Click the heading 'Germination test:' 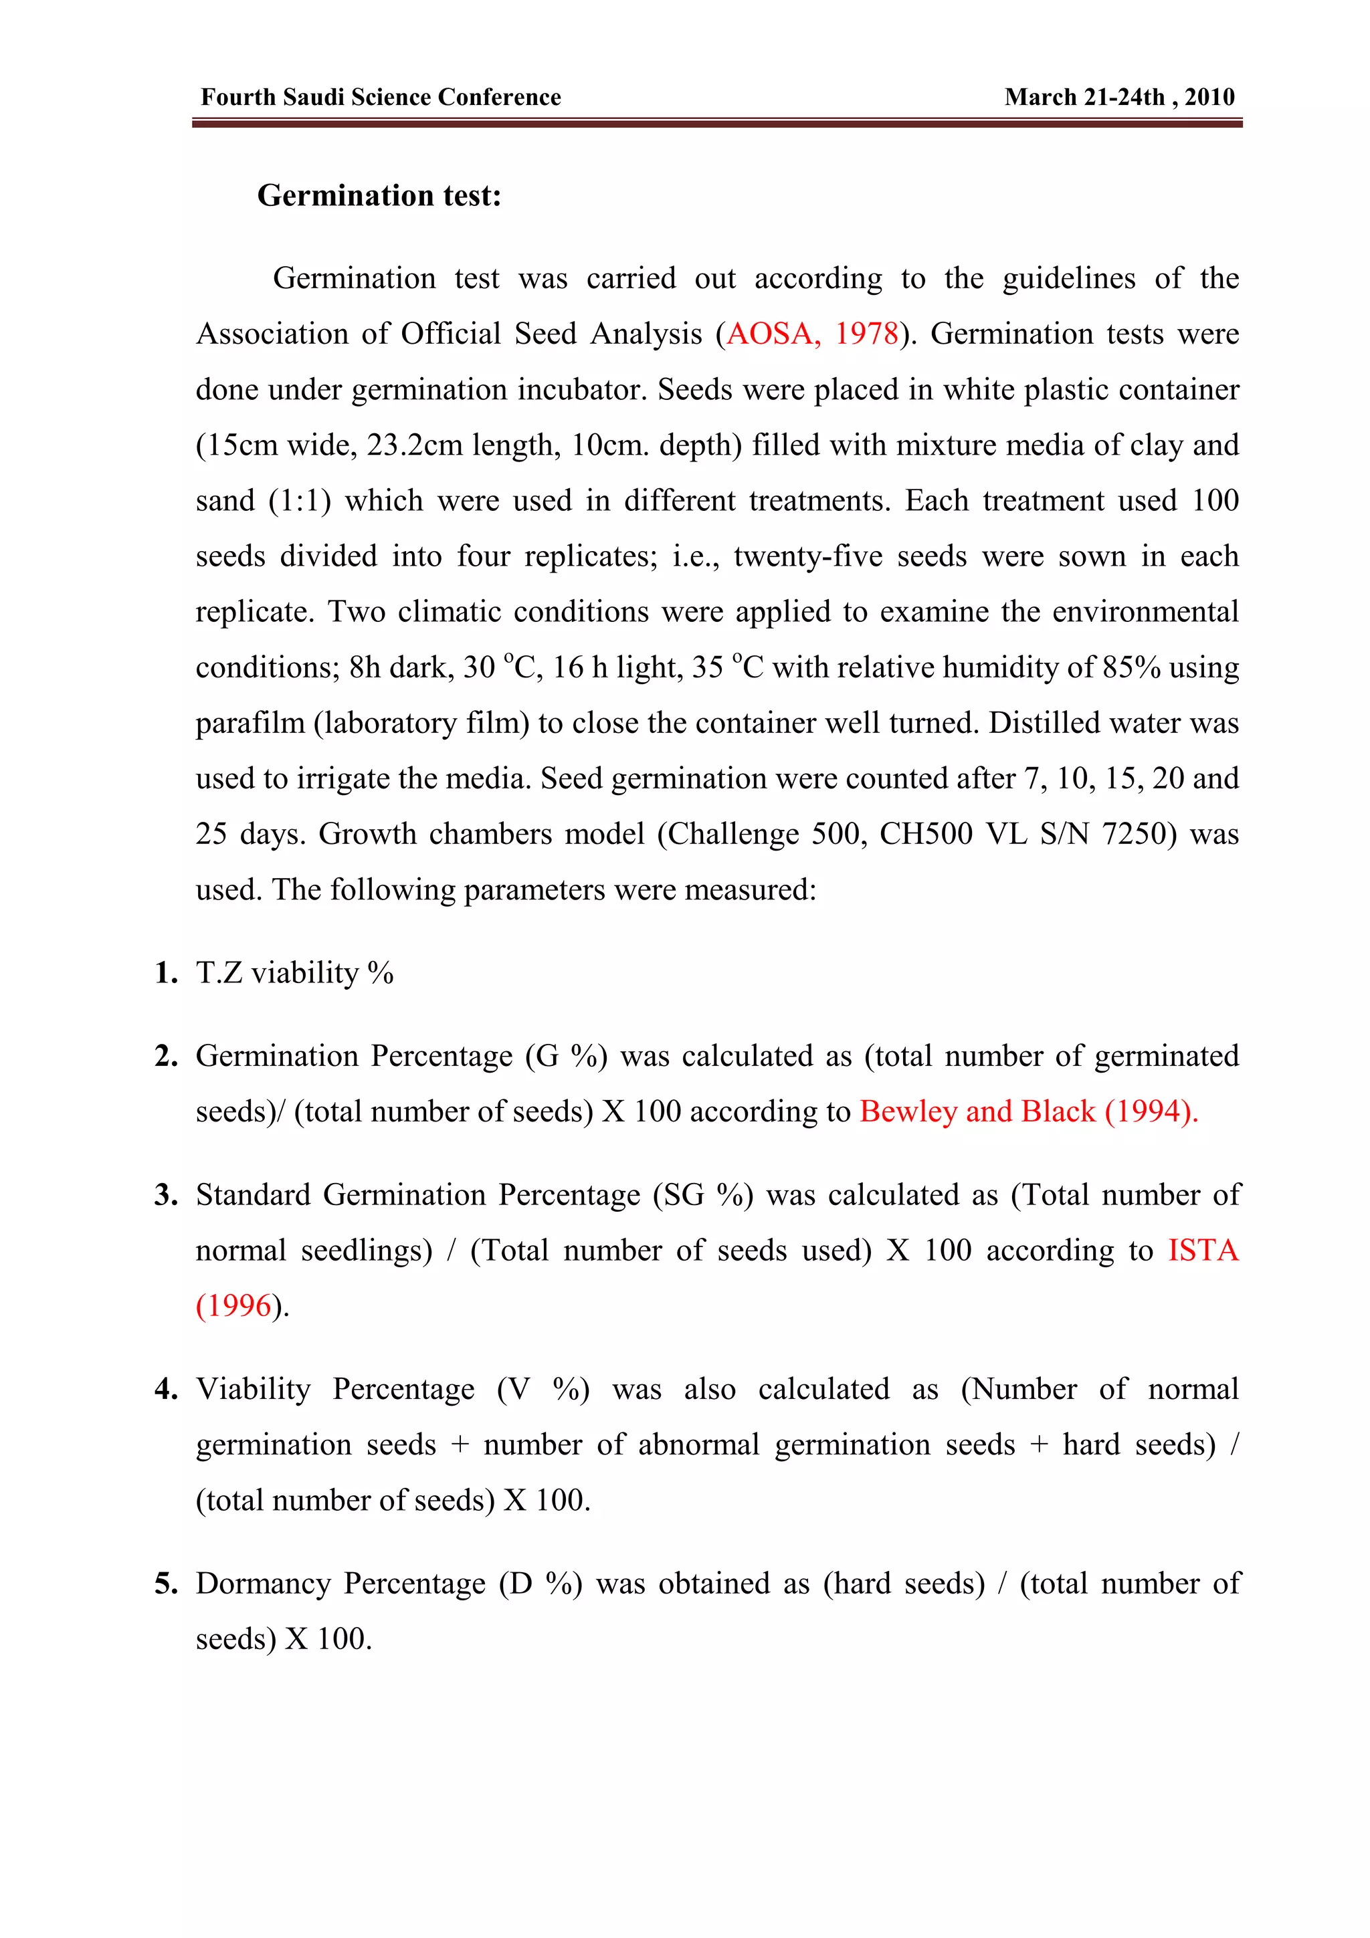pos(379,195)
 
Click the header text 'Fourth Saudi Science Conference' pos(381,97)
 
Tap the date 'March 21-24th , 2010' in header pos(1119,97)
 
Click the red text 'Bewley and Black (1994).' pos(1028,1111)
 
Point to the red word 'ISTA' pos(1203,1250)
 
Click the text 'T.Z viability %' pos(294,972)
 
